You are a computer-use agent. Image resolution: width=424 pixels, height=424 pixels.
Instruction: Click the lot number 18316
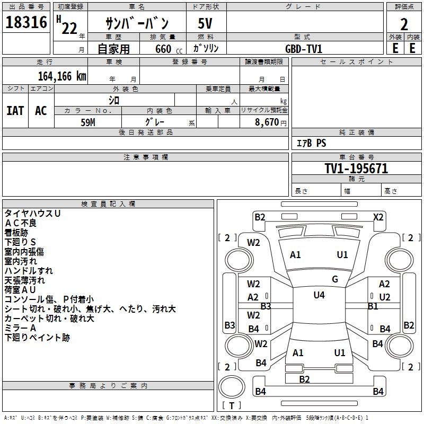[26, 22]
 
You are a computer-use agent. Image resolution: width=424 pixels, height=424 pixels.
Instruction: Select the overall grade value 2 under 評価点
[404, 24]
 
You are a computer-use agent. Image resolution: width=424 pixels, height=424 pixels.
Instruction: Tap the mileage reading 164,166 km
[62, 76]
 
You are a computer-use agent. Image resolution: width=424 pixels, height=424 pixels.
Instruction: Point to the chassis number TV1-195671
[356, 169]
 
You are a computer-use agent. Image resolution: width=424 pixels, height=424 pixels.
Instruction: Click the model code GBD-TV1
[304, 49]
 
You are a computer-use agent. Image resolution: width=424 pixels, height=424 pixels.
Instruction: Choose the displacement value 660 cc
[169, 49]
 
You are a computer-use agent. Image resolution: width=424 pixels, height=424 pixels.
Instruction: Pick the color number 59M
[88, 122]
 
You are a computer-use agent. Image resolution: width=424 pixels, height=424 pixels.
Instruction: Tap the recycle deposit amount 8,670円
[271, 122]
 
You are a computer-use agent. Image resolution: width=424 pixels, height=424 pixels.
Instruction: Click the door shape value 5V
[205, 23]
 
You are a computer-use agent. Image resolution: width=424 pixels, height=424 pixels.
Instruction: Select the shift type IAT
[15, 111]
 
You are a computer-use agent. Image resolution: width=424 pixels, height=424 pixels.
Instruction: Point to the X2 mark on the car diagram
[378, 217]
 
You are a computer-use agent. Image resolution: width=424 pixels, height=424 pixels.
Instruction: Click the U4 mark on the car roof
[319, 295]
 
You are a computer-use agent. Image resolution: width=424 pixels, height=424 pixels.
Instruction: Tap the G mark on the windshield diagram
[335, 279]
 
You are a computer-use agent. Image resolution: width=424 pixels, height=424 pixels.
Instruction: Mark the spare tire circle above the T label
[232, 386]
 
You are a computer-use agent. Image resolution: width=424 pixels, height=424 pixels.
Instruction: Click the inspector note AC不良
[20, 223]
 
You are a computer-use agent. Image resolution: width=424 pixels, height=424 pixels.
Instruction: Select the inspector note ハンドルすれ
[29, 271]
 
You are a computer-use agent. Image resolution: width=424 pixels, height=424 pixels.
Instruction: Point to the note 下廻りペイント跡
[37, 338]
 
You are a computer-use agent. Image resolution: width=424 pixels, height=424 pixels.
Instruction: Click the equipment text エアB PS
[311, 143]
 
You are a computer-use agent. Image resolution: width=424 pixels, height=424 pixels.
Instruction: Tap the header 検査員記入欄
[108, 204]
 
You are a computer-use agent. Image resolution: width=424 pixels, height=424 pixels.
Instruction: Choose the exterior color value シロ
[114, 101]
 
